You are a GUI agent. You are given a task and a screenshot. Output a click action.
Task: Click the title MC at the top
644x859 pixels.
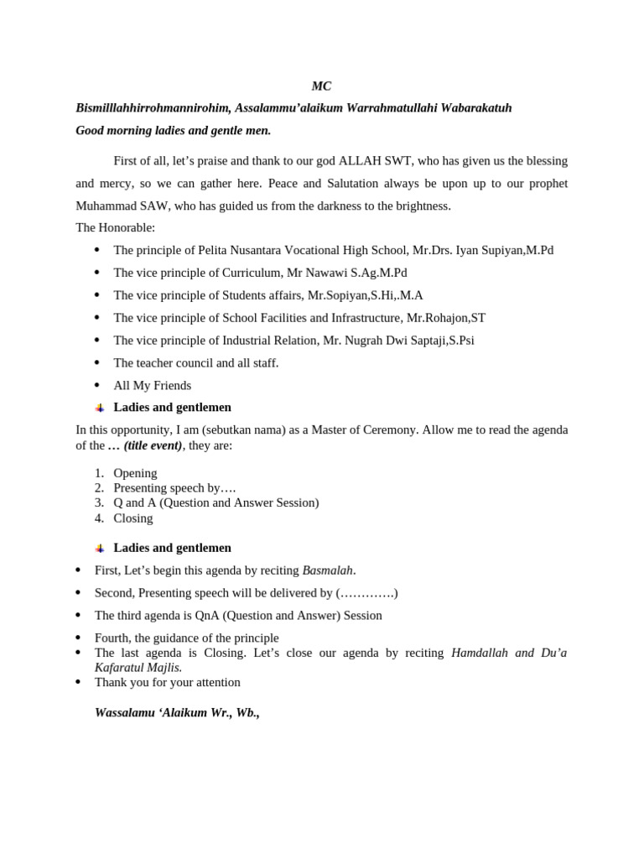321,86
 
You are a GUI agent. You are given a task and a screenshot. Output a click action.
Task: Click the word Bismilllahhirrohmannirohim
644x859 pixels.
153,108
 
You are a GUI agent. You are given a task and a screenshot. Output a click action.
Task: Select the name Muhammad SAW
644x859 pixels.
115,206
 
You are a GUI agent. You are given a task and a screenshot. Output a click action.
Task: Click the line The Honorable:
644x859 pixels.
115,227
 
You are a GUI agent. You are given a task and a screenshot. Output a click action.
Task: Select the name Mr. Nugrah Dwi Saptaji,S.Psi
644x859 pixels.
398,341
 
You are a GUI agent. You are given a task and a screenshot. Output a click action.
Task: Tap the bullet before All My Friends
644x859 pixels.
97,385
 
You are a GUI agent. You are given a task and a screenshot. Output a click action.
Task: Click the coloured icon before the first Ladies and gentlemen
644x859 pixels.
100,408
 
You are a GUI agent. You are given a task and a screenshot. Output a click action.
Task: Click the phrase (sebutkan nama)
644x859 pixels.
247,429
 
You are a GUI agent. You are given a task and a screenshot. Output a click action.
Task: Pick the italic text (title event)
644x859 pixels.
153,445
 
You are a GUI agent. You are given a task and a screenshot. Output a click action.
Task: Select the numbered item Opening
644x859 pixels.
135,473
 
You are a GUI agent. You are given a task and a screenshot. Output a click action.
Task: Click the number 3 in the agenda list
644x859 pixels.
99,502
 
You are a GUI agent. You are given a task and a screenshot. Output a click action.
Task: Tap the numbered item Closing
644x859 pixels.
133,518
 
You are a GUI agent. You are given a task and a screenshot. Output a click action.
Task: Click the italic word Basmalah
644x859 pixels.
328,570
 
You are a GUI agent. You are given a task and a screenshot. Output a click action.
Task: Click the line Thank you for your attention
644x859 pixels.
167,682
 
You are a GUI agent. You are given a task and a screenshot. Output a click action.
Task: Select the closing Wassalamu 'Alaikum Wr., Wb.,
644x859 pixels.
177,712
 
